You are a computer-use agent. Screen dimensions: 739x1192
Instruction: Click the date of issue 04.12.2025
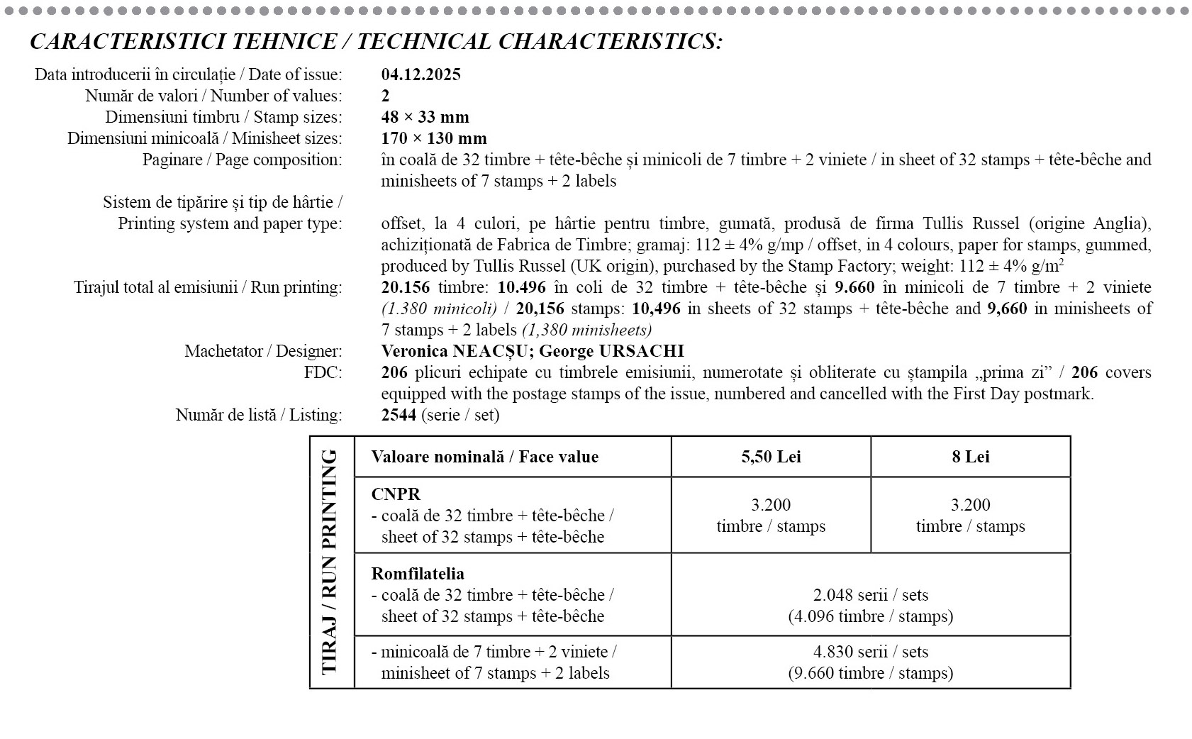pyautogui.click(x=420, y=74)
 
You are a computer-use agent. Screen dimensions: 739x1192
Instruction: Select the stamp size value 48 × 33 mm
pyautogui.click(x=425, y=117)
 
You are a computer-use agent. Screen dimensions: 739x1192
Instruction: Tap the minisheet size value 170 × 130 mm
pyautogui.click(x=433, y=138)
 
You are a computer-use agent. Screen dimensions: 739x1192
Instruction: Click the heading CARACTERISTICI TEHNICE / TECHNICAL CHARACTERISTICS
pyautogui.click(x=376, y=42)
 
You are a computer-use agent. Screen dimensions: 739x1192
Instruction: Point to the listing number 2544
pyautogui.click(x=399, y=415)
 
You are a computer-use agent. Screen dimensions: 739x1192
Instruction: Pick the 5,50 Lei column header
pyautogui.click(x=771, y=457)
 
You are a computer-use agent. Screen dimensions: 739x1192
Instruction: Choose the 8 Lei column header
pyautogui.click(x=970, y=457)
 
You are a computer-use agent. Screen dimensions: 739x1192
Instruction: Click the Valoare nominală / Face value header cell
pyautogui.click(x=485, y=457)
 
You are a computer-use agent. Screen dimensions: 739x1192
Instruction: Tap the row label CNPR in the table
pyautogui.click(x=396, y=494)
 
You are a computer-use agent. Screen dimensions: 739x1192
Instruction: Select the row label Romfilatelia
pyautogui.click(x=418, y=574)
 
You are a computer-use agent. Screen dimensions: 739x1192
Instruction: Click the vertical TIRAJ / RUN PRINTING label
pyautogui.click(x=330, y=562)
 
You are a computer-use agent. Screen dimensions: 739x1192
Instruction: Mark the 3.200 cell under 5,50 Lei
pyautogui.click(x=771, y=515)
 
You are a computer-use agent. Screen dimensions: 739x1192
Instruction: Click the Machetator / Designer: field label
pyautogui.click(x=263, y=351)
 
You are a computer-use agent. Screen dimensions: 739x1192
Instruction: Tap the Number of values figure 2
pyautogui.click(x=386, y=96)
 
